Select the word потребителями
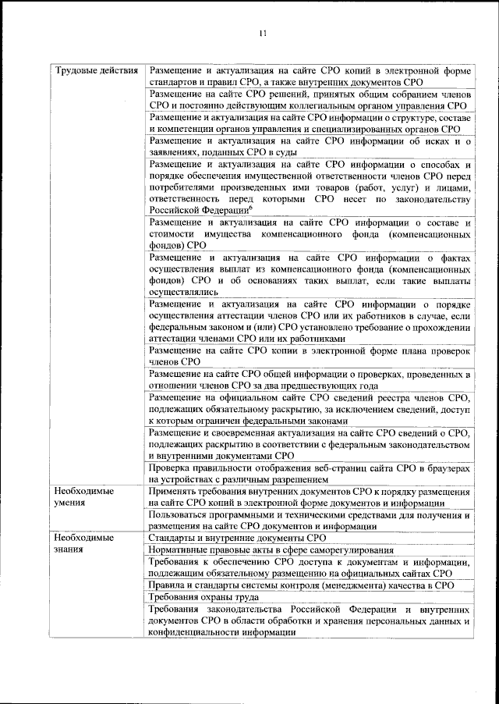[x=186, y=188]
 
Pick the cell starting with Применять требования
[x=309, y=498]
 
